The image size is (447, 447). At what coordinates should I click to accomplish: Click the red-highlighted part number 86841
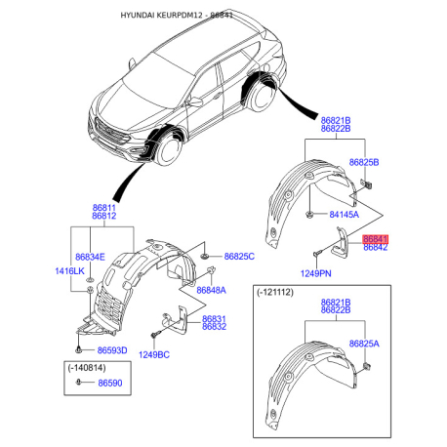click(x=376, y=239)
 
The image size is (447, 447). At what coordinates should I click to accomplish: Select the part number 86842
click(x=376, y=248)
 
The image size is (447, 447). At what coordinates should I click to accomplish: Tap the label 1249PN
click(x=315, y=273)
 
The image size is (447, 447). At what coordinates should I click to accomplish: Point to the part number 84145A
click(x=344, y=215)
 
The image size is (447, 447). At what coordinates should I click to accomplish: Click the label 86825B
click(x=364, y=162)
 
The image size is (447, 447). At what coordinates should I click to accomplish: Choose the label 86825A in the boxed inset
click(x=364, y=344)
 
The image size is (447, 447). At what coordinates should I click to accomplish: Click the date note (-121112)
click(x=275, y=292)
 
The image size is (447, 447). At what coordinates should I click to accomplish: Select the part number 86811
click(x=104, y=208)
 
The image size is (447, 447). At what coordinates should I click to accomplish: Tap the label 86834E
click(x=90, y=257)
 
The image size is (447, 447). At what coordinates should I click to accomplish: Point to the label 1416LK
click(x=69, y=271)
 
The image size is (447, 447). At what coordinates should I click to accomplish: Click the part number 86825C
click(x=239, y=257)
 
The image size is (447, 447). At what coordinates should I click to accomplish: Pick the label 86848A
click(x=211, y=290)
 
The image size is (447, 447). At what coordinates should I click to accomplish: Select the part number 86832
click(x=214, y=327)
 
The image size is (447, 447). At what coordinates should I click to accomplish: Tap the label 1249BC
click(x=154, y=355)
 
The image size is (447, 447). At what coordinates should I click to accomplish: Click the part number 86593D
click(x=112, y=350)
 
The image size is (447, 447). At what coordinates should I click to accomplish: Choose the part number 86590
click(x=110, y=383)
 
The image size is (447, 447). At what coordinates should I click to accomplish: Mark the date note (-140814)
click(x=87, y=368)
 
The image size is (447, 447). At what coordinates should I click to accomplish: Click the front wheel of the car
click(x=168, y=150)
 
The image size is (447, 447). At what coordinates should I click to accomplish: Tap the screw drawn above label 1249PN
click(x=317, y=253)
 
